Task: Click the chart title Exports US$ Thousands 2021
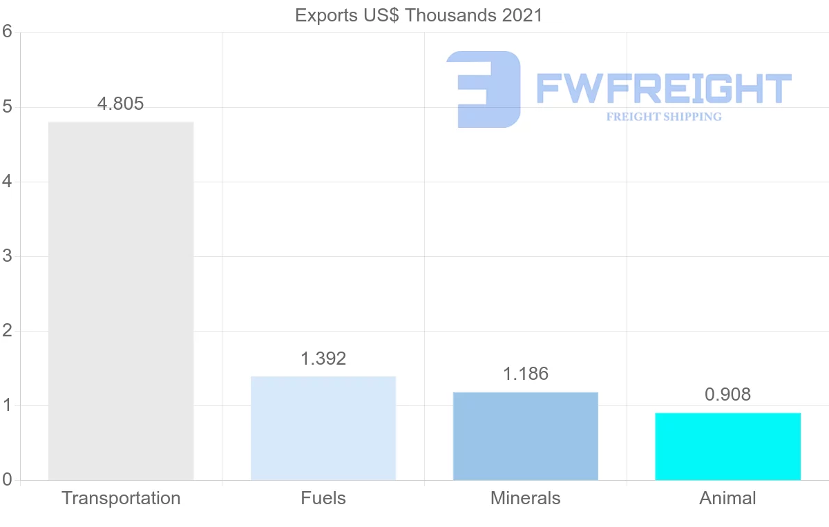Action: (419, 15)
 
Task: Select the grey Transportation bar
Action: (121, 300)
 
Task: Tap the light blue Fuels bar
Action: (323, 428)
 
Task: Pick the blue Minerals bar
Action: (526, 436)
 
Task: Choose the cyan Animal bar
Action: (727, 446)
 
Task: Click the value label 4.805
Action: (121, 104)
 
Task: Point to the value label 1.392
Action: (323, 359)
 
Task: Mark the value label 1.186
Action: (526, 374)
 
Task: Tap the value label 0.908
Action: (727, 395)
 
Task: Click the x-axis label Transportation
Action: (121, 498)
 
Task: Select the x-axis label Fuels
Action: (323, 498)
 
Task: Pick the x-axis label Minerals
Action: (526, 498)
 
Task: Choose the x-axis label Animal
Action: (727, 498)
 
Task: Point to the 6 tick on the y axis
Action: (7, 32)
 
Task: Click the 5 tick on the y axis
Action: (7, 107)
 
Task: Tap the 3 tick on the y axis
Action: (7, 256)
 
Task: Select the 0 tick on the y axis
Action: (7, 480)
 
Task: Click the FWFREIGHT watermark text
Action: (663, 88)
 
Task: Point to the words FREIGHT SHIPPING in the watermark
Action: (664, 117)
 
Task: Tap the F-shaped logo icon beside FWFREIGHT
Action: (484, 89)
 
